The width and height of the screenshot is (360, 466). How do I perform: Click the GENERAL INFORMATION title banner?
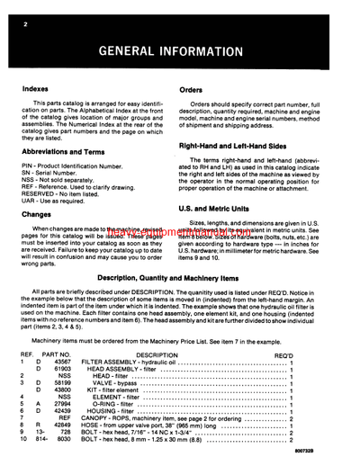(x=180, y=49)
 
